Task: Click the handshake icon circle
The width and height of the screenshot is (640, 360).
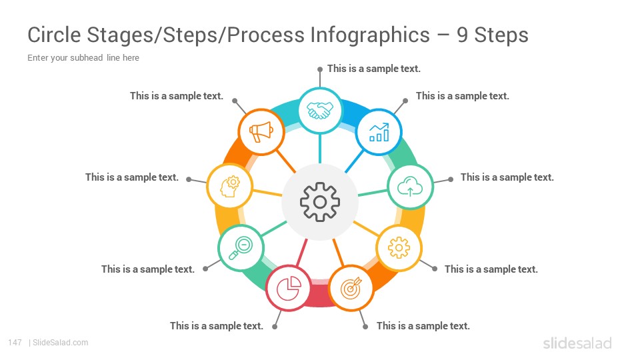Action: [320, 110]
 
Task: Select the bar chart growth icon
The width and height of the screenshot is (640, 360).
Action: [379, 132]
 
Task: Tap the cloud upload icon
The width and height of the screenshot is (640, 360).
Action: [410, 187]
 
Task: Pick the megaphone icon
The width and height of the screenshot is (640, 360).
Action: [261, 132]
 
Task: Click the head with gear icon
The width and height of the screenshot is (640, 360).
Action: [230, 187]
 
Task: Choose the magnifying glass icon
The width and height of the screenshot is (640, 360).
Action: [241, 248]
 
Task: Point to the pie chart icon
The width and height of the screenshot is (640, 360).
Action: [289, 288]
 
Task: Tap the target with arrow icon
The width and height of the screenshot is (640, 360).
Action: [351, 288]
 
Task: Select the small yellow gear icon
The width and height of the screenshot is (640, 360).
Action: [399, 248]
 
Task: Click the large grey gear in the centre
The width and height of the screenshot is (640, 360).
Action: [320, 202]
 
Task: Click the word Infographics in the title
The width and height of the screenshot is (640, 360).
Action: [370, 35]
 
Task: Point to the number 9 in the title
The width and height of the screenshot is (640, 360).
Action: [462, 35]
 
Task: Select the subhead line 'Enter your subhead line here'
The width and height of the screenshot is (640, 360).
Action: [83, 57]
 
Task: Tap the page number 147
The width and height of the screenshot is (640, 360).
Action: [15, 343]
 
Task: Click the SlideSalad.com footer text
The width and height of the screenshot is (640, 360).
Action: [61, 343]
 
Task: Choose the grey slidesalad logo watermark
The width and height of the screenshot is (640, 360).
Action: [577, 343]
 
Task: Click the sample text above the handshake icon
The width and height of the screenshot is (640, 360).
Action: [374, 69]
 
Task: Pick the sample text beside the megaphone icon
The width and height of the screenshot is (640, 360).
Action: [177, 96]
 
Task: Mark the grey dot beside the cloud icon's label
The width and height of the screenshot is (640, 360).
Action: [451, 179]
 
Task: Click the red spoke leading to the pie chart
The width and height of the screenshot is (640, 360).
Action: [301, 253]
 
